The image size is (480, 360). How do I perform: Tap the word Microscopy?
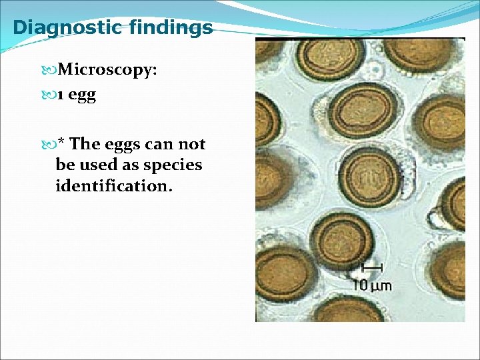click(x=107, y=70)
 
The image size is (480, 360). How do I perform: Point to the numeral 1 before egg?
click(x=60, y=95)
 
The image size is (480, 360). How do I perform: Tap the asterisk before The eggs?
click(x=61, y=143)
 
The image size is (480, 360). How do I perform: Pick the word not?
click(x=192, y=144)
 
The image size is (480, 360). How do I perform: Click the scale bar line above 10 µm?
click(x=371, y=268)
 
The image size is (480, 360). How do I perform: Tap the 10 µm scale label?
click(x=372, y=285)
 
